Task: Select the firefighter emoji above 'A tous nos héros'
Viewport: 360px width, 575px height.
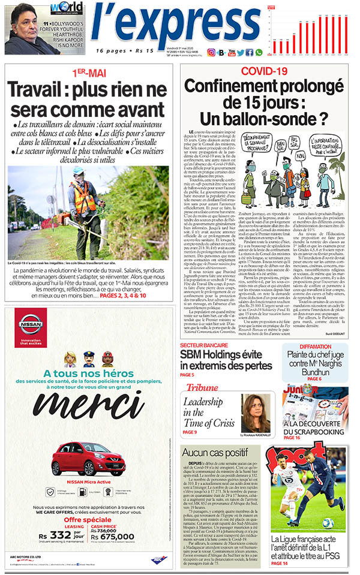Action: pyautogui.click(x=107, y=359)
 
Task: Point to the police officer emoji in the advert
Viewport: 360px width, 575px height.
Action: pyautogui.click(x=88, y=359)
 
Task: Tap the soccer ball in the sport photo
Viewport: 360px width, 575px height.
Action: pyautogui.click(x=327, y=523)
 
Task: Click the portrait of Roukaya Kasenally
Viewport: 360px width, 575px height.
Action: pyautogui.click(x=255, y=411)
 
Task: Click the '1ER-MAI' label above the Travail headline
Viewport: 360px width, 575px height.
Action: pyautogui.click(x=89, y=73)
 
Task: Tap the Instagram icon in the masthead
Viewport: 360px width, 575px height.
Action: pyautogui.click(x=211, y=52)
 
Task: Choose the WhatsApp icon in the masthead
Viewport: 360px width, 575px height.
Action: pyautogui.click(x=259, y=52)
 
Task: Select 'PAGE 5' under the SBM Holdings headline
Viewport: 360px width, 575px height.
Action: pyautogui.click(x=188, y=375)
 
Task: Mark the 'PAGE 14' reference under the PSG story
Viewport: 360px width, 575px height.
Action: pyautogui.click(x=280, y=564)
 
